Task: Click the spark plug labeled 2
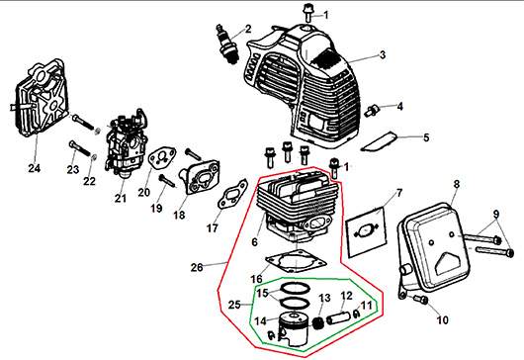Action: [x=227, y=44]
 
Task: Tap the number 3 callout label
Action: [x=383, y=54]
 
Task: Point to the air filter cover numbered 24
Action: [x=40, y=98]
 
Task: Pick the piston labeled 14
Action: [x=294, y=329]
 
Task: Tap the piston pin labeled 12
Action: [x=339, y=317]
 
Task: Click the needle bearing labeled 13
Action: [x=317, y=323]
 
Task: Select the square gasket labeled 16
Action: [x=296, y=262]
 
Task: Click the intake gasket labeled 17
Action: [x=232, y=195]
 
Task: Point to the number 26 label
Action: [x=197, y=267]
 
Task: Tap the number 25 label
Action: [x=234, y=305]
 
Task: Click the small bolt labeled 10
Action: [x=421, y=299]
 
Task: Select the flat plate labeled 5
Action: [x=379, y=142]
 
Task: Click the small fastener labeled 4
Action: [x=374, y=110]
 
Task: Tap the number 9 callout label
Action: [x=496, y=214]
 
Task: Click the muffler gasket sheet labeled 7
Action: [x=366, y=232]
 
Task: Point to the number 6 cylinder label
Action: [x=255, y=241]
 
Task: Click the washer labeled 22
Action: [x=94, y=156]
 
